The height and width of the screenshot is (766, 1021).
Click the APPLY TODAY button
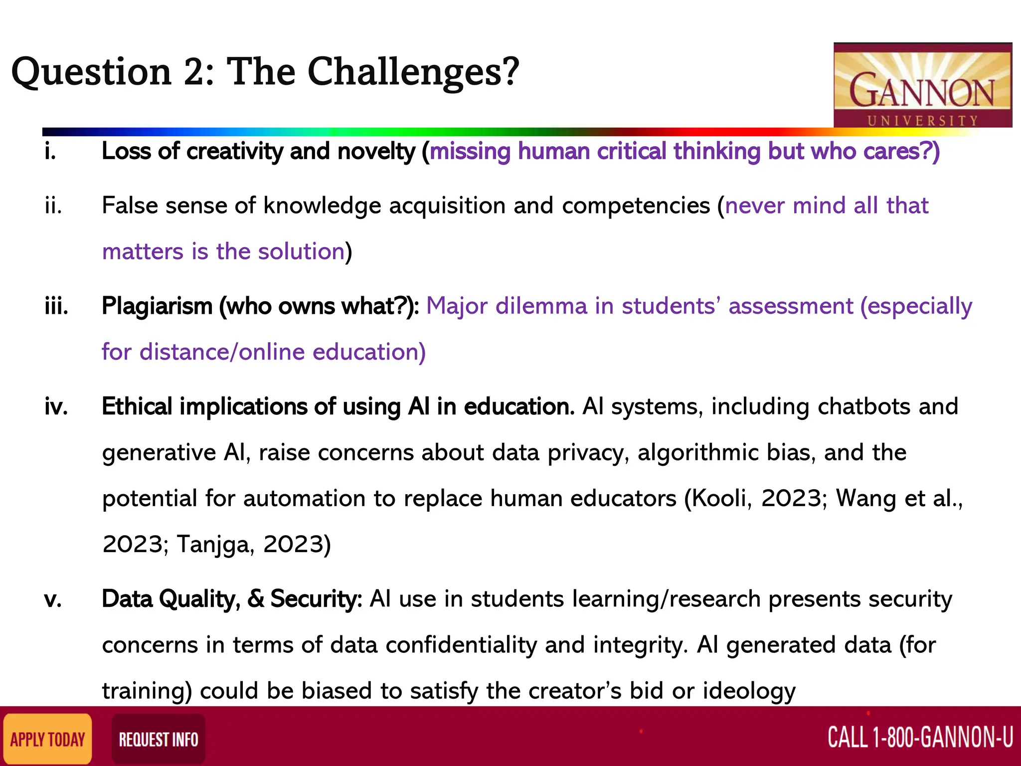48,739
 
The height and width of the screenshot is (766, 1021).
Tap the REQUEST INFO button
158,739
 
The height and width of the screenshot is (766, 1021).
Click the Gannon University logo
922,85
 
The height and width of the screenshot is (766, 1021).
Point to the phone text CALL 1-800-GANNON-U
920,737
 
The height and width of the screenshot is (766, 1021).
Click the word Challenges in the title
413,72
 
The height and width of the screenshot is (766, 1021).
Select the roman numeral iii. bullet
56,306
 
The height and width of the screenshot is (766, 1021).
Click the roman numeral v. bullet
53,598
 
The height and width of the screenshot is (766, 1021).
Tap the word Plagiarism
157,306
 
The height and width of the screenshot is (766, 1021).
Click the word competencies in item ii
636,205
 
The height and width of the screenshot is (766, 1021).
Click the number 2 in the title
192,72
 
